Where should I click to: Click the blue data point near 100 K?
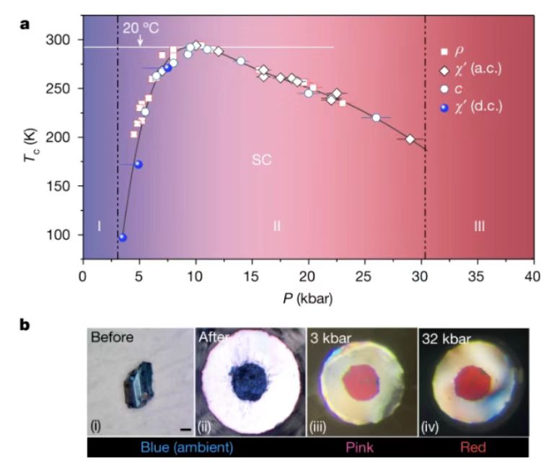(122, 237)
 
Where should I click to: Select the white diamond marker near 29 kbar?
(410, 139)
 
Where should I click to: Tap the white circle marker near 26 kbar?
(376, 118)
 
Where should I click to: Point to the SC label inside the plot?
(261, 160)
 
